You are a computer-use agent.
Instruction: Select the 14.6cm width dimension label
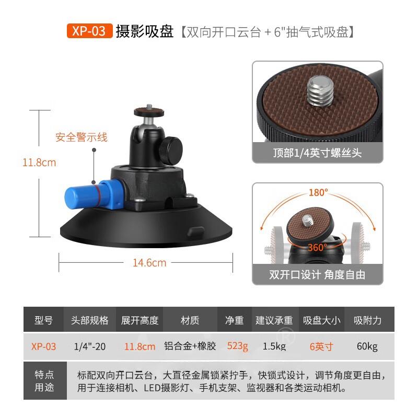149,263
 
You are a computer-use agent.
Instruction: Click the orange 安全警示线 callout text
81,137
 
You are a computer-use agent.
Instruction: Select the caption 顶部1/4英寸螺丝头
317,153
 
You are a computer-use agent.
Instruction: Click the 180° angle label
317,192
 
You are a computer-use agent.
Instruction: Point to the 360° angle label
317,247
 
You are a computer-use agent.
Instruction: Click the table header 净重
234,320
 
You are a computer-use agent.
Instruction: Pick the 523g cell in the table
237,346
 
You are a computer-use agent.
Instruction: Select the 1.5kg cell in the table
274,346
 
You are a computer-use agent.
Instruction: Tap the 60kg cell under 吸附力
367,346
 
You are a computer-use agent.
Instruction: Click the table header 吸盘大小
321,320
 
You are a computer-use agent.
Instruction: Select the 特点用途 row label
44,382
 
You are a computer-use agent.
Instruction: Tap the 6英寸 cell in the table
321,346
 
